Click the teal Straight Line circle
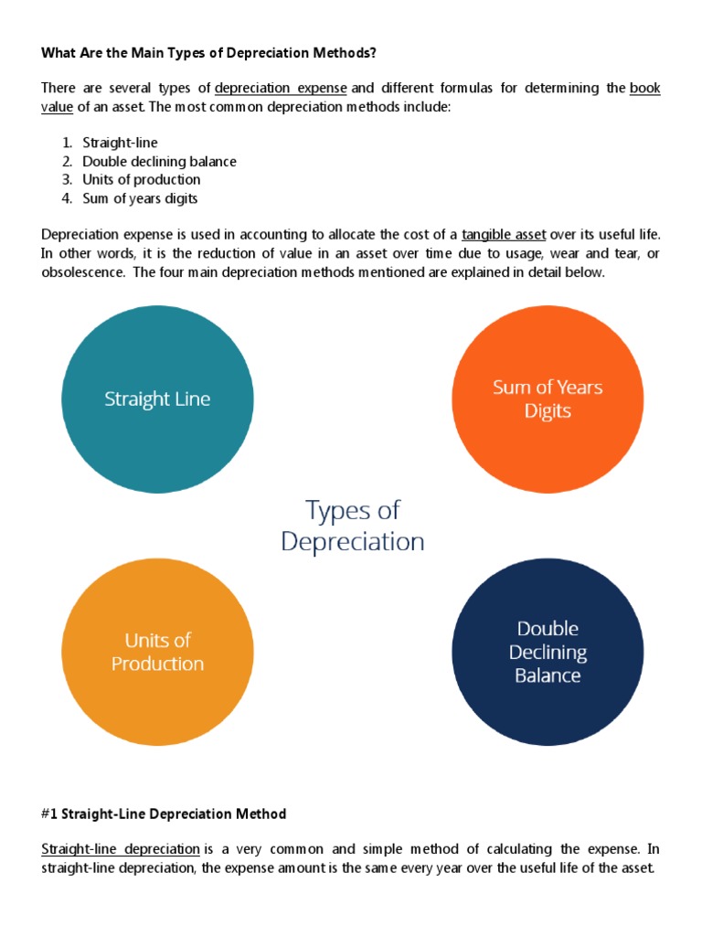tap(157, 399)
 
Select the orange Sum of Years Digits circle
tap(548, 399)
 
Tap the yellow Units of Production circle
tap(157, 653)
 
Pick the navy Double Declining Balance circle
tap(548, 653)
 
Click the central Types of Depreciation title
tap(353, 526)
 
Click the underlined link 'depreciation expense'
tap(281, 89)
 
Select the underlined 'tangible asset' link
tap(504, 235)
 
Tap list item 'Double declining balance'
tap(159, 162)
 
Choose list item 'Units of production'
tap(142, 180)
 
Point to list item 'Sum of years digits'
tap(140, 198)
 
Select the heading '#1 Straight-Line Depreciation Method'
tap(164, 814)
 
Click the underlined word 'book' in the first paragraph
tap(644, 89)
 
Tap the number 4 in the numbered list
tap(67, 198)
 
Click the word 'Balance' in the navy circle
tap(548, 676)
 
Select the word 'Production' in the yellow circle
tap(157, 665)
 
